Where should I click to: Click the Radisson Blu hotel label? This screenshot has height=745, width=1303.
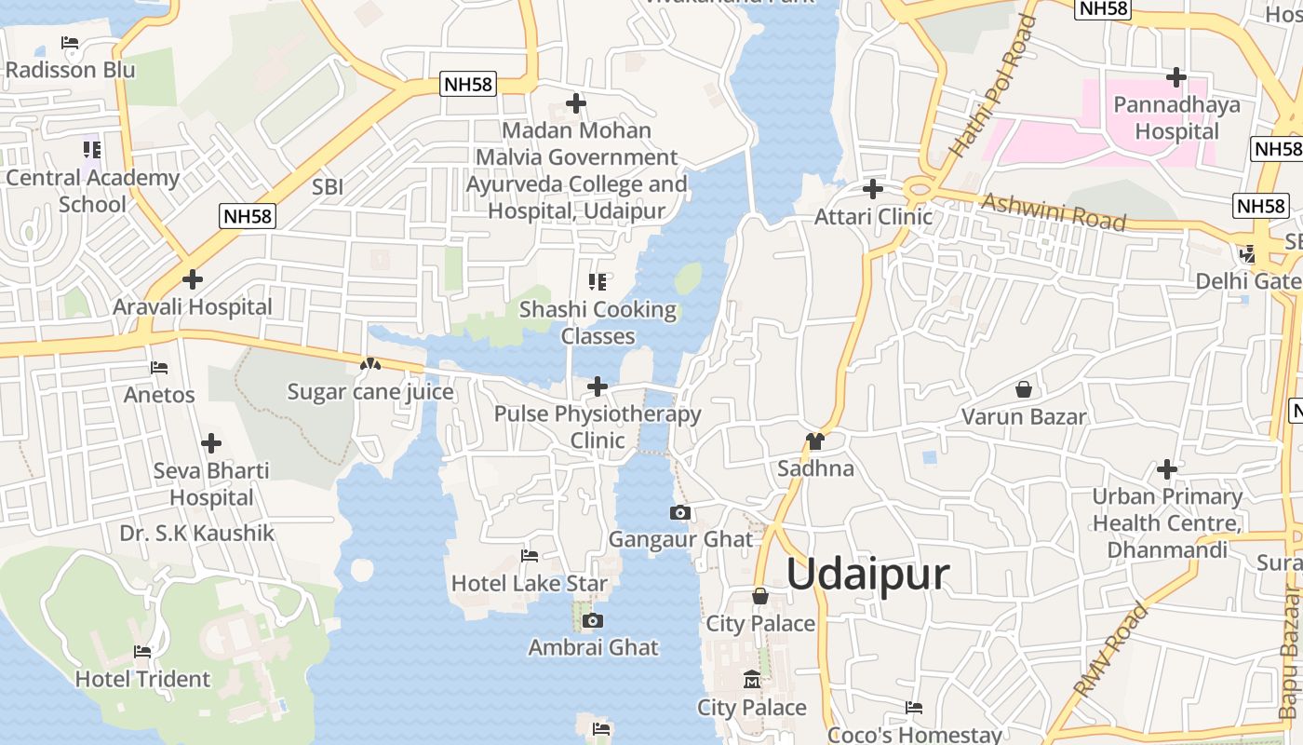pyautogui.click(x=70, y=70)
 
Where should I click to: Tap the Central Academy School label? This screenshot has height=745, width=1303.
pyautogui.click(x=92, y=191)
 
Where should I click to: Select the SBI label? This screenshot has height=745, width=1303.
pyautogui.click(x=328, y=187)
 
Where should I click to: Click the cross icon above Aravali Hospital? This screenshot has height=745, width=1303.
pyautogui.click(x=193, y=278)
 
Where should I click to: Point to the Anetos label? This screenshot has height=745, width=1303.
pyautogui.click(x=159, y=395)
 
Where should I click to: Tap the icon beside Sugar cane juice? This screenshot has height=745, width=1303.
pyautogui.click(x=370, y=365)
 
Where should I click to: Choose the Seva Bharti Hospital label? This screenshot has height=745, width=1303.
pyautogui.click(x=211, y=484)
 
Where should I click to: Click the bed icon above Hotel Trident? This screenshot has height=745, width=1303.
pyautogui.click(x=142, y=652)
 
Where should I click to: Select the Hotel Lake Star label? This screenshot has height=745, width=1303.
pyautogui.click(x=530, y=584)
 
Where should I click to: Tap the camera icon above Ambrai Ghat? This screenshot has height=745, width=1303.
pyautogui.click(x=593, y=621)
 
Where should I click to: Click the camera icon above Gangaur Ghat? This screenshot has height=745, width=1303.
pyautogui.click(x=680, y=512)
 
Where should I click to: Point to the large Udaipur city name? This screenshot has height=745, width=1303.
pyautogui.click(x=868, y=574)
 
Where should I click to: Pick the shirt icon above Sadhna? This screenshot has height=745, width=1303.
pyautogui.click(x=815, y=441)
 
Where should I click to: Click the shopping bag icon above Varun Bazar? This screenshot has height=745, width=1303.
pyautogui.click(x=1024, y=389)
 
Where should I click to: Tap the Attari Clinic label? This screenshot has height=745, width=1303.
pyautogui.click(x=873, y=217)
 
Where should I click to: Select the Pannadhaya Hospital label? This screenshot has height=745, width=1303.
pyautogui.click(x=1177, y=118)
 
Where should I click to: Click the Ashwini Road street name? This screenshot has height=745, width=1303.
pyautogui.click(x=1054, y=212)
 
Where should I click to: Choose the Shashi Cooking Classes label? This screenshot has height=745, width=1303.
pyautogui.click(x=598, y=322)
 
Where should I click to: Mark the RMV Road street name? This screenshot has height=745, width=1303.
pyautogui.click(x=1110, y=650)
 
